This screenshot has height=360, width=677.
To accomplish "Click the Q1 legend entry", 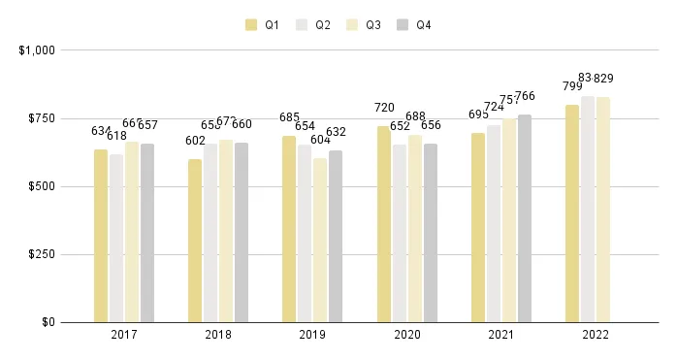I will point(262,24).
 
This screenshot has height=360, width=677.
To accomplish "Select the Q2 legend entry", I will point(314,24).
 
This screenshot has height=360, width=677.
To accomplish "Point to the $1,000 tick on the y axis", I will point(37,49).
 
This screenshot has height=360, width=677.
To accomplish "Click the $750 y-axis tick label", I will point(41,118).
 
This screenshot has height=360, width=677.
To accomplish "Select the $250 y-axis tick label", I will point(41,254).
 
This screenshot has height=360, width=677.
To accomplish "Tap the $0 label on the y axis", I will point(47,322).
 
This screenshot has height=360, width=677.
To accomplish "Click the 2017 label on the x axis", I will point(123,336).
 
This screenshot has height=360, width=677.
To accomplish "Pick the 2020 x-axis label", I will point(406,336).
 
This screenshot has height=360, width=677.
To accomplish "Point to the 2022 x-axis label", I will point(595,336).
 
